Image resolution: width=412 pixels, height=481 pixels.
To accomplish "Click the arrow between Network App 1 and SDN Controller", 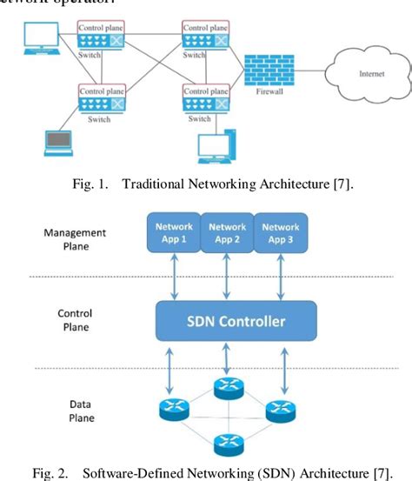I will [x=174, y=277].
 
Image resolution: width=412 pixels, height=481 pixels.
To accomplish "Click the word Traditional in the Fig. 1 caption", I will [x=156, y=184].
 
